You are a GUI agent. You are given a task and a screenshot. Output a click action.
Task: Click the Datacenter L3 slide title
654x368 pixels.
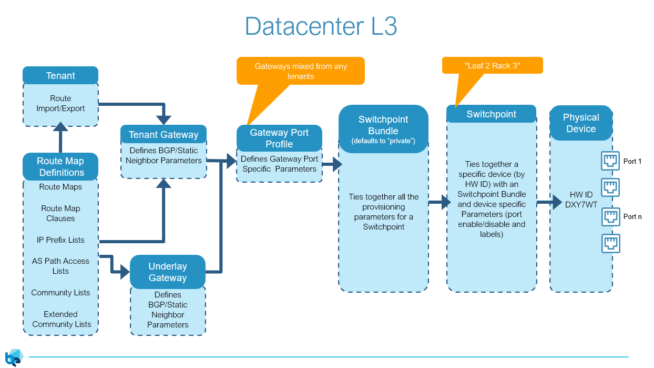[x=321, y=26]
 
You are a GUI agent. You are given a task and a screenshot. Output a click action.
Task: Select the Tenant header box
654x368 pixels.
[x=60, y=75]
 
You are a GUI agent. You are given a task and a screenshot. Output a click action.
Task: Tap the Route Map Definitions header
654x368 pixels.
[x=60, y=166]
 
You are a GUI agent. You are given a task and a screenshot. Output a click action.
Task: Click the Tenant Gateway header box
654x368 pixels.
[x=163, y=134]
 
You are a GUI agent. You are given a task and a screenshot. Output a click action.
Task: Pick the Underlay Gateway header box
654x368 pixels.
[x=167, y=272]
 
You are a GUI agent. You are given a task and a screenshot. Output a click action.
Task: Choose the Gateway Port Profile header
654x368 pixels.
[x=279, y=138]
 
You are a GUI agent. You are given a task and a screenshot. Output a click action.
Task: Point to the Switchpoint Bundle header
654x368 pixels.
[x=383, y=129]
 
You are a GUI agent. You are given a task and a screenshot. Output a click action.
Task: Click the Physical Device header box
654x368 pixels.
[x=581, y=123]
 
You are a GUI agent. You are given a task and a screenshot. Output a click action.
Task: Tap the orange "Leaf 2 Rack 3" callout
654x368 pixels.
[x=492, y=65]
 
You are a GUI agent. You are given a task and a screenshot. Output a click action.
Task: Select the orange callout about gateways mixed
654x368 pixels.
[x=300, y=71]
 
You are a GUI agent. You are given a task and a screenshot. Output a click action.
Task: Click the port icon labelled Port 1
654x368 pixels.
[x=610, y=161]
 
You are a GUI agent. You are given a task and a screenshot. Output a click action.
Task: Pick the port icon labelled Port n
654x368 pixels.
[x=610, y=216]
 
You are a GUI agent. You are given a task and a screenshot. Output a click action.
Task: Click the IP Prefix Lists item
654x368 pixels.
[x=60, y=240]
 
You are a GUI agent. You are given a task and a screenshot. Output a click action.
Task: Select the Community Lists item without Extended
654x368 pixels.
[x=60, y=293]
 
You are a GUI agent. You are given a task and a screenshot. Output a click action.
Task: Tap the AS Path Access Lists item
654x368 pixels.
[x=60, y=266]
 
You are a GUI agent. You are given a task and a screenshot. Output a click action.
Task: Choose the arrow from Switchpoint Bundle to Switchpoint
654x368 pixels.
[x=436, y=202]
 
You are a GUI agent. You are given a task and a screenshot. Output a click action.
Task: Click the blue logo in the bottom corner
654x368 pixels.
[x=13, y=357]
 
